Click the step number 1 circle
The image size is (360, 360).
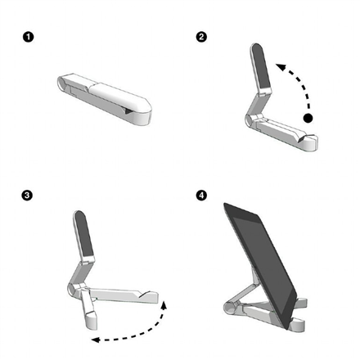tap(29, 37)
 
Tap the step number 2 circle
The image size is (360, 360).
tap(202, 37)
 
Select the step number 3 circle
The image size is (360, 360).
tap(28, 196)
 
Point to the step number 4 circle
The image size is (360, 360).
tap(202, 196)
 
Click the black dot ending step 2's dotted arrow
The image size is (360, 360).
tap(308, 119)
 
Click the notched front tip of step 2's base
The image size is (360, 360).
tap(310, 145)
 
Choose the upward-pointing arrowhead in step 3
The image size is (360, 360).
tap(164, 304)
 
